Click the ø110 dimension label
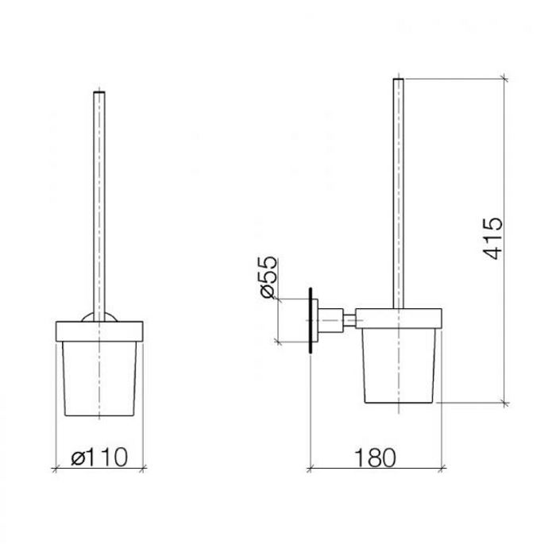[x=98, y=458]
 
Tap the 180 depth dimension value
[x=375, y=458]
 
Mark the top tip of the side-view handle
[x=400, y=80]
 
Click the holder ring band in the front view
[x=98, y=330]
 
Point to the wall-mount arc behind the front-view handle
[x=98, y=318]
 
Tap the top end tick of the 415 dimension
[x=504, y=78]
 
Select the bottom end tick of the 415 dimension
[x=504, y=403]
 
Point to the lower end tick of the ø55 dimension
[x=276, y=342]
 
